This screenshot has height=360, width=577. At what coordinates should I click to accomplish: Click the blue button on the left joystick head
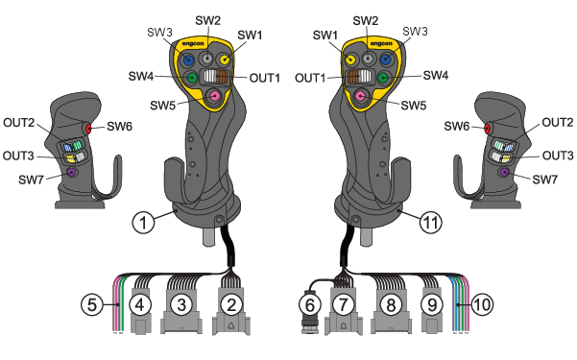coord(188,60)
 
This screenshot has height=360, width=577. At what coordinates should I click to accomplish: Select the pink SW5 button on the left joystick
coord(214,96)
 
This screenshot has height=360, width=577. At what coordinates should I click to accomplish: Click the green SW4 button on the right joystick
coord(383,78)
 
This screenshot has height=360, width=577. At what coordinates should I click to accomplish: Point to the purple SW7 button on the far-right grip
coord(503,172)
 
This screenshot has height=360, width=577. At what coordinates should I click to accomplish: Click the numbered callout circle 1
coord(143,223)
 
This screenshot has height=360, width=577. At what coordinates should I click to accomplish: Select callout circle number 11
coord(430,223)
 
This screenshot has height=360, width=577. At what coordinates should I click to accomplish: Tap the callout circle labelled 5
coord(92,304)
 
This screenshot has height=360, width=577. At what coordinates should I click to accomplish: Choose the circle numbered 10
coord(482,304)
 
